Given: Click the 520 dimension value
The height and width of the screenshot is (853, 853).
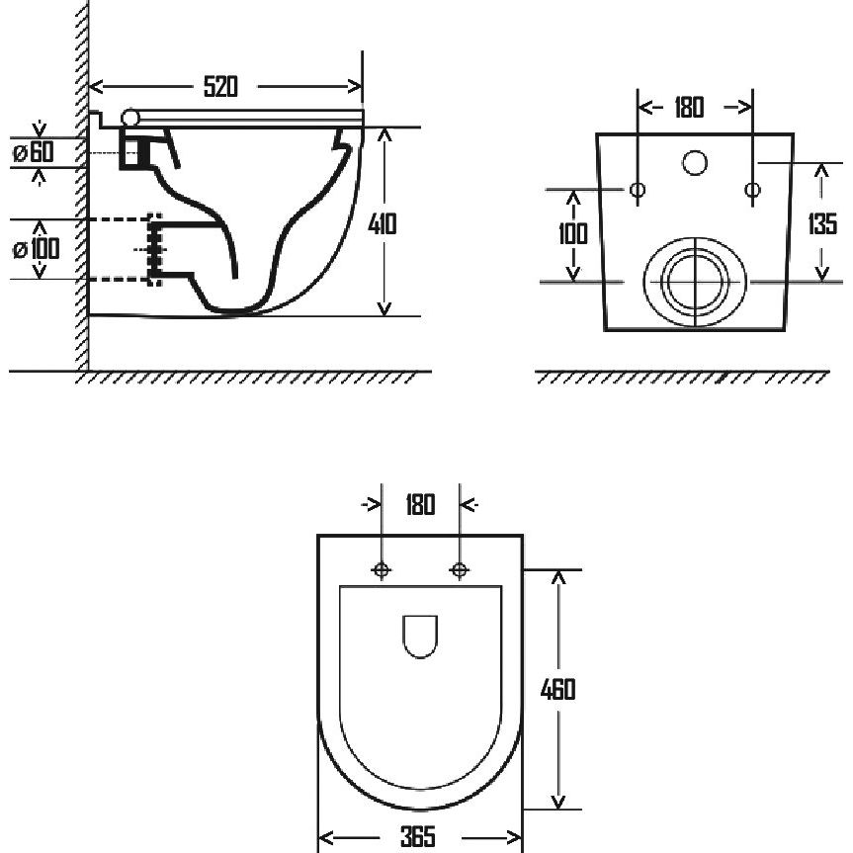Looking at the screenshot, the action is click(220, 87).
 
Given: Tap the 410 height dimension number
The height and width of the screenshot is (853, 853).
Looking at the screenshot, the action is click(382, 223).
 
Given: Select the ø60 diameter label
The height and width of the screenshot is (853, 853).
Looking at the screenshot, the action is click(34, 152).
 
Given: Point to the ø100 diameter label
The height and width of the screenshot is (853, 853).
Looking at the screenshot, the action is click(36, 249).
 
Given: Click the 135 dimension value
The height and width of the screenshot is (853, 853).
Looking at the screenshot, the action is click(822, 223).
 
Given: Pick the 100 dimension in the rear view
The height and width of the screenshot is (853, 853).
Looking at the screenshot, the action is click(573, 234).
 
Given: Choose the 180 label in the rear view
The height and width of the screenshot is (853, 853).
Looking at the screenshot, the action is click(689, 107).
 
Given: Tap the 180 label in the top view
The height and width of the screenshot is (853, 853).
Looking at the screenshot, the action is click(420, 504).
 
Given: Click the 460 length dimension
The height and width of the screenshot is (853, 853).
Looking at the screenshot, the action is click(557, 689).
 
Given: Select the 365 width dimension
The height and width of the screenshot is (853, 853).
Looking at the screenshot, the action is click(418, 836).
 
